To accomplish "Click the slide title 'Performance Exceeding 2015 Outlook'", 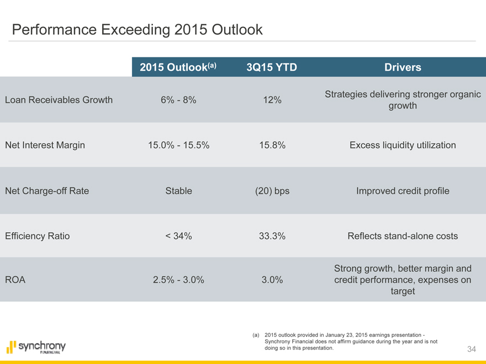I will tap(137, 29).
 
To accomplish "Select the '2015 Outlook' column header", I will tap(178, 67).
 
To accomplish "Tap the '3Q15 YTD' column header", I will tap(272, 67).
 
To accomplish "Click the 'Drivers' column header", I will tap(403, 67).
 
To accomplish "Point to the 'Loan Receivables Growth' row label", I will tap(59, 100).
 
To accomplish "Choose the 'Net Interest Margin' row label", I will tap(45, 145).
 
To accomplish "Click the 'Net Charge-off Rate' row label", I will tap(46, 191).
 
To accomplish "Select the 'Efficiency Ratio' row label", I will tap(37, 236).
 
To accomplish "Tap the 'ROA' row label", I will tap(15, 280).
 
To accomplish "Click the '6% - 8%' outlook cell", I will tap(178, 100).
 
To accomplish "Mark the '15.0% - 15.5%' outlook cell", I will tap(178, 145).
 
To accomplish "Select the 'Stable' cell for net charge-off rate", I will tap(178, 191).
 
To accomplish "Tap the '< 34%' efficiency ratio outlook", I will tap(178, 236).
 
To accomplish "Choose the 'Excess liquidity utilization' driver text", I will tap(403, 145).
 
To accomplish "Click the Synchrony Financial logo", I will tap(36, 347).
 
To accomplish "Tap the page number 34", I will tap(472, 349).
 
